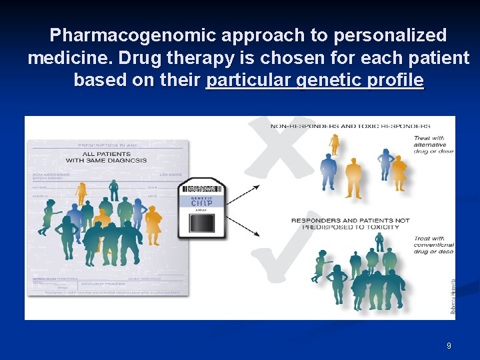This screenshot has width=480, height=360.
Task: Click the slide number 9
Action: pos(449,346)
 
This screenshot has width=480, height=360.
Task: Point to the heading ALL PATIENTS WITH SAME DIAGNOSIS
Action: pos(107,157)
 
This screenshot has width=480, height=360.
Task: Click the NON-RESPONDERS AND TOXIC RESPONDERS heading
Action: pos(350,125)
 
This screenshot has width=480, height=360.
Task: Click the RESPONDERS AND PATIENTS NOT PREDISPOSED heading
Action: pos(350,223)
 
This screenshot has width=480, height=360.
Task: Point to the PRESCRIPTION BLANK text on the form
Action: pos(107,145)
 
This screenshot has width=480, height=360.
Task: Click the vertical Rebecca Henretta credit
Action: pos(453,297)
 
